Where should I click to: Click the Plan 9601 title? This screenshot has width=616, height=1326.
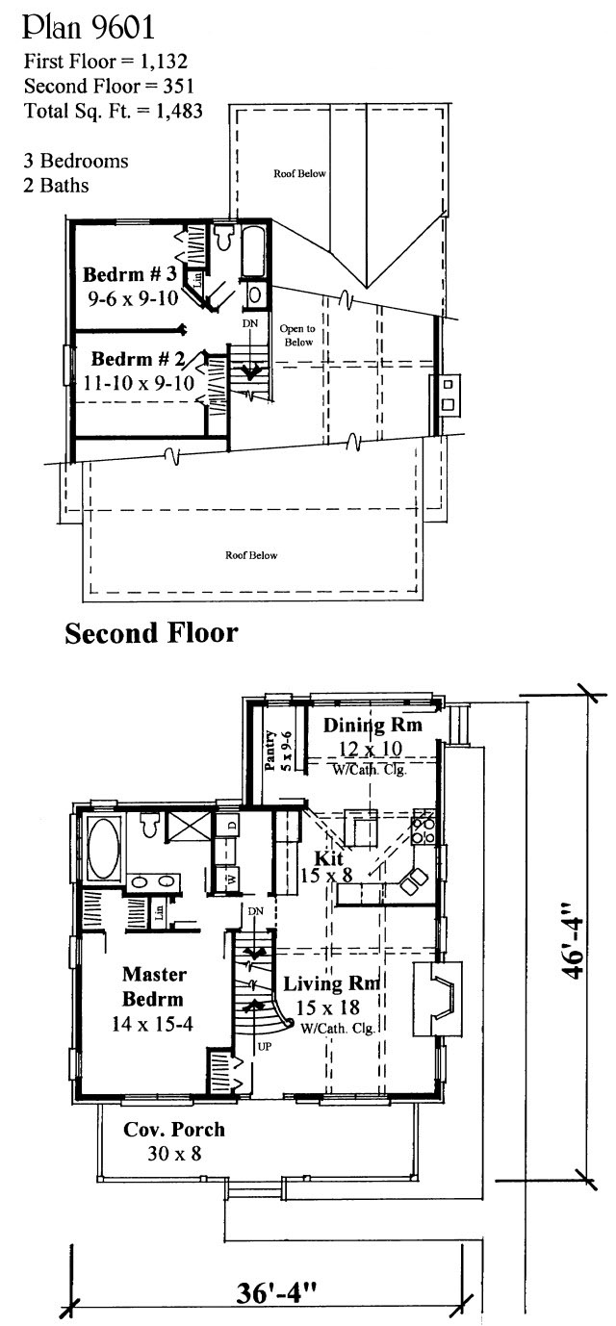pos(89,28)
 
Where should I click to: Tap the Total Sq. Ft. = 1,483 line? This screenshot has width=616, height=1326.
pos(114,111)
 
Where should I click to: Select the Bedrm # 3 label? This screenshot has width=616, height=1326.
pos(130,274)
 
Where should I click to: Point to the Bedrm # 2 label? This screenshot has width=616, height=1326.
pos(138,359)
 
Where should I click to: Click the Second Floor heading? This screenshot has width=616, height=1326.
pos(152,633)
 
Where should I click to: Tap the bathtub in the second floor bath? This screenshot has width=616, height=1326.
pos(254,251)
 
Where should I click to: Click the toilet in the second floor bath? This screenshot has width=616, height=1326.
pos(224,238)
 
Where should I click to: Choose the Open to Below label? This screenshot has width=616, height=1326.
pos(297,335)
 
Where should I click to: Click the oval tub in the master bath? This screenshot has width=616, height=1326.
pos(103,849)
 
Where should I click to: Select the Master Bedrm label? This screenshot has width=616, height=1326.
pos(154,986)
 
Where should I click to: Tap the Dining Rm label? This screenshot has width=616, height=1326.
pos(372,725)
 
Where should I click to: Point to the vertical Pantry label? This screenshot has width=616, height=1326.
pos(270,751)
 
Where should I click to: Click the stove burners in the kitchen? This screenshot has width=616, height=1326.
pos(424,829)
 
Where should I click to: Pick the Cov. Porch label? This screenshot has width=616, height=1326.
pos(174,1129)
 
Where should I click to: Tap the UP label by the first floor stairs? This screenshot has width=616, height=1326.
pos(264,1047)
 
